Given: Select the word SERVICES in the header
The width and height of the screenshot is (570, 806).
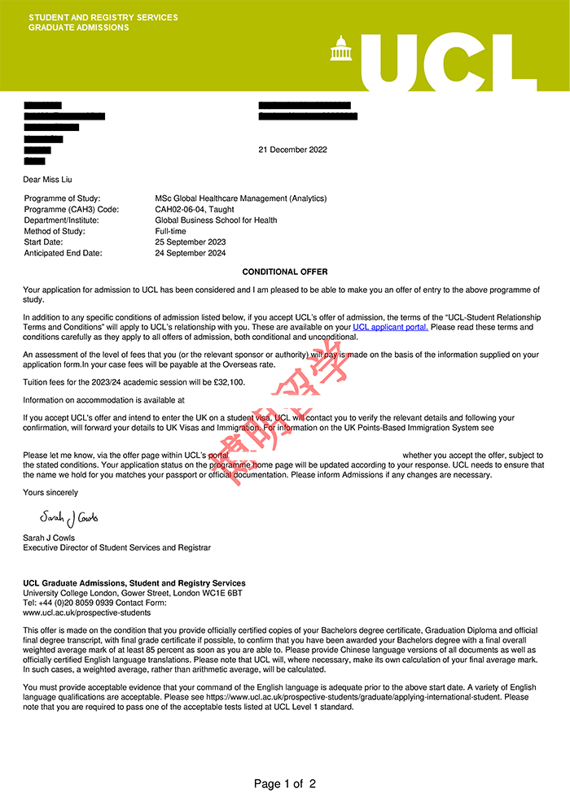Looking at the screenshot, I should [x=158, y=18].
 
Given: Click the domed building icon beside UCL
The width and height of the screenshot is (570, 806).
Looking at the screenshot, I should [x=340, y=49].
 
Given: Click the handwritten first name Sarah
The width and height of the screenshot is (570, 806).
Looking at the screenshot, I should [x=54, y=516].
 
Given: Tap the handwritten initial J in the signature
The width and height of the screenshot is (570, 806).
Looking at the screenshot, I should [x=70, y=518].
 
